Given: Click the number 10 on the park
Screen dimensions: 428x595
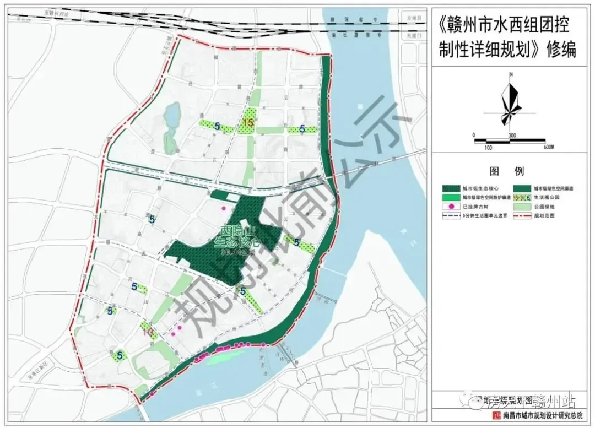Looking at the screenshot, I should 148,332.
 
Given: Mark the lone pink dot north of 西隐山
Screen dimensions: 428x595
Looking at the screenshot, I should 223,208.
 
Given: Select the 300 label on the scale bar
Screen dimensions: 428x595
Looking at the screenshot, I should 511,136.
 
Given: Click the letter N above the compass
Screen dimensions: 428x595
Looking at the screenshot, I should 511,74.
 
